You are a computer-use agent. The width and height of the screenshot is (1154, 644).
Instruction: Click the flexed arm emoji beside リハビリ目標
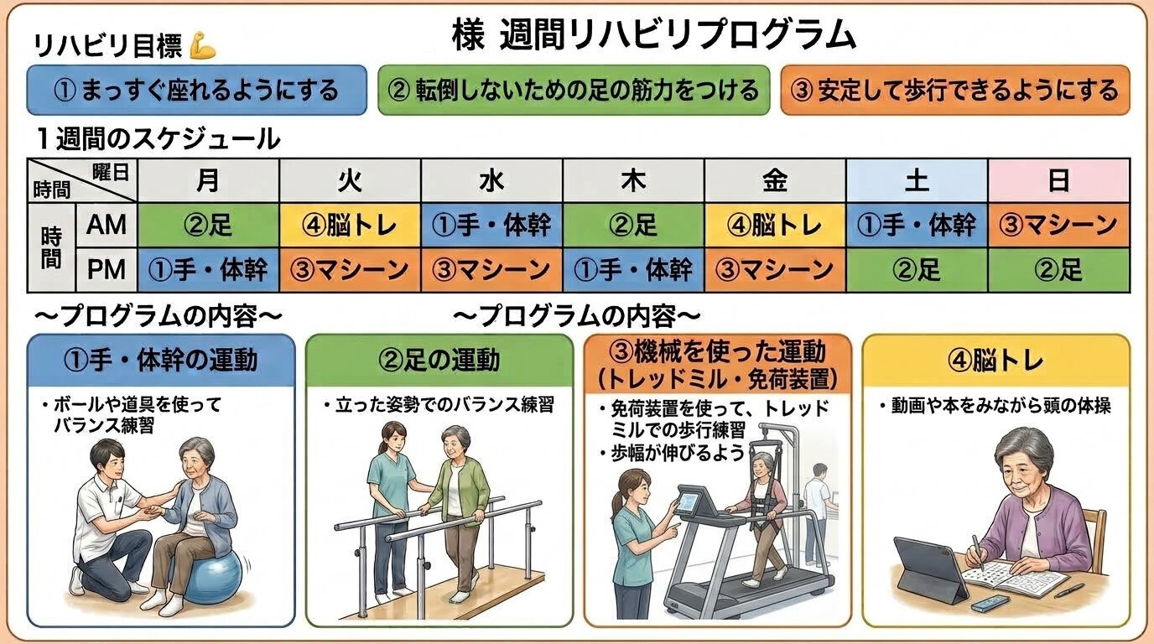coord(202,45)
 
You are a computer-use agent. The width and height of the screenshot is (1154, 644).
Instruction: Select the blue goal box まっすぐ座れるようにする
coord(197,90)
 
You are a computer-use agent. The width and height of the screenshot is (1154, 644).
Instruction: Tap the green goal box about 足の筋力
coord(574,90)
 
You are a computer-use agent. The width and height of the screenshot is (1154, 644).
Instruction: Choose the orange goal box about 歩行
coord(955,90)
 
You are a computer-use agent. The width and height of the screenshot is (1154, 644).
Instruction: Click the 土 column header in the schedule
coord(917,181)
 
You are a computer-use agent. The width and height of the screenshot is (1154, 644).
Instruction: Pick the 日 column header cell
coord(1059,181)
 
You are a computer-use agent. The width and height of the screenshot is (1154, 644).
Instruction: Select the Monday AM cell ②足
coord(208,225)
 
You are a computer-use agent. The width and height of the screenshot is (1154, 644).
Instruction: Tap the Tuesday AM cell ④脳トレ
coord(351,225)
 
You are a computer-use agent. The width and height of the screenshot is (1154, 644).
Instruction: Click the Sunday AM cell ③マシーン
coord(1059,225)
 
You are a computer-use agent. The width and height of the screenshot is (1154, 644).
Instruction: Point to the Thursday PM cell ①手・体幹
coord(634,270)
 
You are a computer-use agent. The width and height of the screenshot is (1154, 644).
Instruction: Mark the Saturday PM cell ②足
coord(917,270)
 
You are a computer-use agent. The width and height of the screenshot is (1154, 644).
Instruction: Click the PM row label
coord(107,270)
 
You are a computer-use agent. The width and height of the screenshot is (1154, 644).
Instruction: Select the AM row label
coord(107,225)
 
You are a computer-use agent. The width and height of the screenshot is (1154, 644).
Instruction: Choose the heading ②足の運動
coord(439,360)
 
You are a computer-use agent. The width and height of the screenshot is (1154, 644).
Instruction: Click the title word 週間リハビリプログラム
coord(678,35)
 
